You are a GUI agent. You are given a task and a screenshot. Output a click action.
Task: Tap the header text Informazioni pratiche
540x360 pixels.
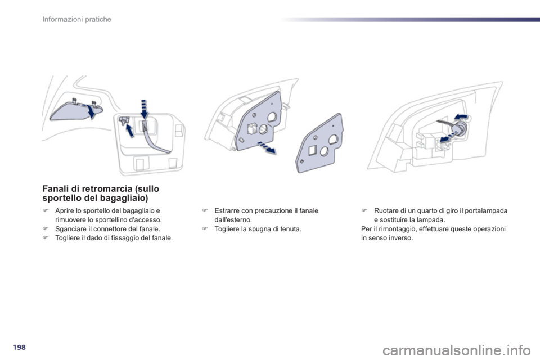[77, 19]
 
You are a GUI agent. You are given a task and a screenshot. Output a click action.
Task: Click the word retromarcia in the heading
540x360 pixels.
[107, 189]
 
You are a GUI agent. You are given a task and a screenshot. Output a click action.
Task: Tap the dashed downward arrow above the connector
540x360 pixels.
[144, 109]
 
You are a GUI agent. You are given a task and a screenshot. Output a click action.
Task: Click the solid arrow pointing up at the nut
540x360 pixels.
[130, 131]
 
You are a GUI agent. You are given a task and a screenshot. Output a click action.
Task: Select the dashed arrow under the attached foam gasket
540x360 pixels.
[267, 147]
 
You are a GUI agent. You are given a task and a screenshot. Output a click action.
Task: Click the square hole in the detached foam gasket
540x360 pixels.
[312, 150]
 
